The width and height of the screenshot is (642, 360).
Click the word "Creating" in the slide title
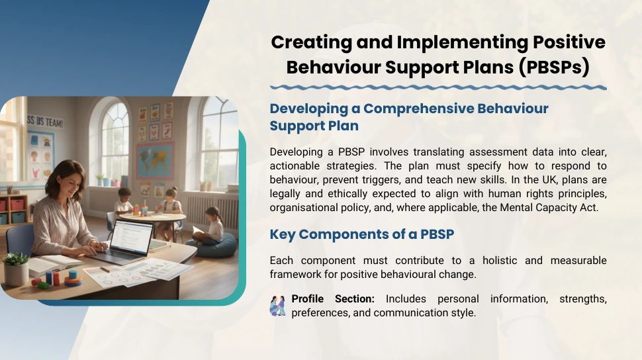pos(311,42)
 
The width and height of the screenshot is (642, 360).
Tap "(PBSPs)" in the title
pos(554,67)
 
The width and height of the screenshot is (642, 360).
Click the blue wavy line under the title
pos(438,87)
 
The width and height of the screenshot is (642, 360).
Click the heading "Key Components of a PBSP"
pos(362,234)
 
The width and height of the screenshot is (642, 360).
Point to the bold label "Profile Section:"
pos(333,299)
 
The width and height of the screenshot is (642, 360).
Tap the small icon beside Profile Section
pos(277,306)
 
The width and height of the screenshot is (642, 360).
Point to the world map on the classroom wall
pos(155,161)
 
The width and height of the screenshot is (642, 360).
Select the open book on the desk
pos(52,264)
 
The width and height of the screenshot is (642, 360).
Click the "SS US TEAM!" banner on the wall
pos(45,122)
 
